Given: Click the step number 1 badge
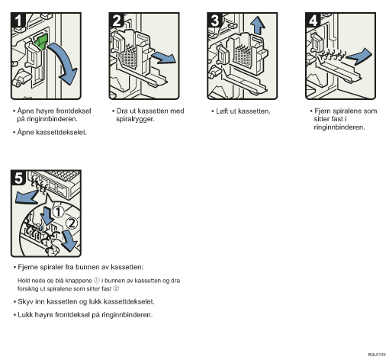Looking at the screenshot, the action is (18, 20).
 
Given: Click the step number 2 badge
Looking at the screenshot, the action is (117, 20).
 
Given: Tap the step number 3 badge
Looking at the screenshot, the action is (214, 20).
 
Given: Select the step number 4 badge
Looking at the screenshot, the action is (313, 20).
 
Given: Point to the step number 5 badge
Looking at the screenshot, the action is (18, 178).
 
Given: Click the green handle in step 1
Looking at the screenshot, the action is (40, 41).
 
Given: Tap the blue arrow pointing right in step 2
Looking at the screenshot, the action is (164, 58).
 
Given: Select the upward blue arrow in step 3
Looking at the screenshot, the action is (258, 25).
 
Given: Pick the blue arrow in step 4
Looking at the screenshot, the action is (359, 56).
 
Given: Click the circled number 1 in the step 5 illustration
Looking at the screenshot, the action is (58, 212).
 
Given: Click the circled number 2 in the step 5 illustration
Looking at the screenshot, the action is (72, 223).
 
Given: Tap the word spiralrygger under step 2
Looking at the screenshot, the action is (135, 119).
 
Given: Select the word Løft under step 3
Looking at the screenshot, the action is (222, 111).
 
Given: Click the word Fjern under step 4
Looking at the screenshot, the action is (323, 111).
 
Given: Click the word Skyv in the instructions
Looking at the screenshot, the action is (25, 302).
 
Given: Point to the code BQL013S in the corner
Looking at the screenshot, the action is (377, 355).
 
